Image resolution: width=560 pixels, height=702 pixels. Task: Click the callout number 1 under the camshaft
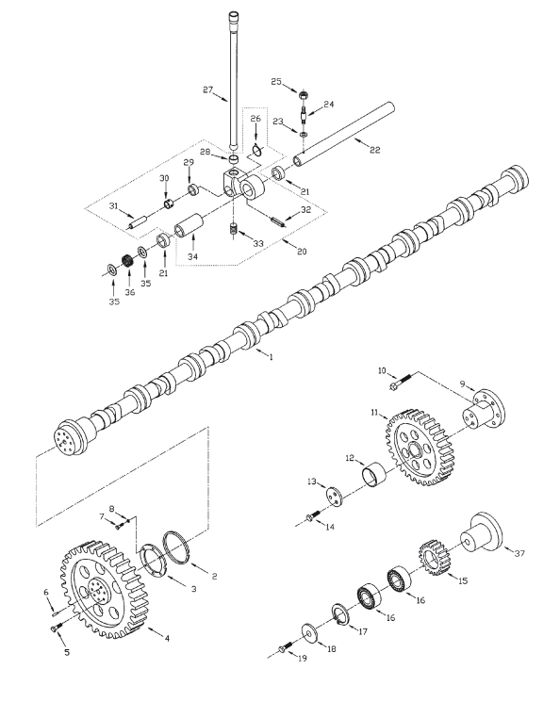pos(271,357)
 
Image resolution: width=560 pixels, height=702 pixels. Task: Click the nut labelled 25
pos(305,96)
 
